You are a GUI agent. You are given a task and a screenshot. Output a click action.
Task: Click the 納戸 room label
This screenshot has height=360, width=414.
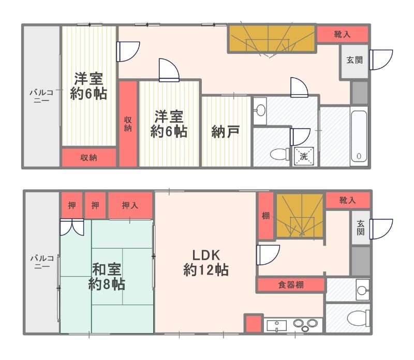coord(225,132)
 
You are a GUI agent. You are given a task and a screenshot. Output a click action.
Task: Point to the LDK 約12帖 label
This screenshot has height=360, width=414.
coord(206,262)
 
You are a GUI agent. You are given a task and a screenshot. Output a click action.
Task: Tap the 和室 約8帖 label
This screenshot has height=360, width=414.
coord(108,277)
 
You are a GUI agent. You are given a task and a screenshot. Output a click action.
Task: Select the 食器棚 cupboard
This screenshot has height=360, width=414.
coord(291,284)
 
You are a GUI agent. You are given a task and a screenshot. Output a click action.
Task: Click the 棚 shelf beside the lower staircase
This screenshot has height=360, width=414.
coord(265,216)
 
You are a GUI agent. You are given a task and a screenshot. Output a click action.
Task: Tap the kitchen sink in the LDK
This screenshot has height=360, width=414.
coord(278,325)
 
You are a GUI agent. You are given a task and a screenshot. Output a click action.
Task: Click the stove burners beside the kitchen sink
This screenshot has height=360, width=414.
coord(305,324)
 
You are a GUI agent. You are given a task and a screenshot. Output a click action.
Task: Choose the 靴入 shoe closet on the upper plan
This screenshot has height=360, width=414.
coord(342,34)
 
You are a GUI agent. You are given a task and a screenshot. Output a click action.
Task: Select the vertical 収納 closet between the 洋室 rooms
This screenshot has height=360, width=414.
coord(128,123)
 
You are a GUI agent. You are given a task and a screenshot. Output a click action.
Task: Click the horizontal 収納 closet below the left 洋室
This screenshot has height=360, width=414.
coord(88,158)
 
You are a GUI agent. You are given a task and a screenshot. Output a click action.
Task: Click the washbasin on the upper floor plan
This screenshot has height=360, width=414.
coord(260,110)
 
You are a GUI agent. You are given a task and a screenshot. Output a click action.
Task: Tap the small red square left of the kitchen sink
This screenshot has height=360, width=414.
coord(253,324)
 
